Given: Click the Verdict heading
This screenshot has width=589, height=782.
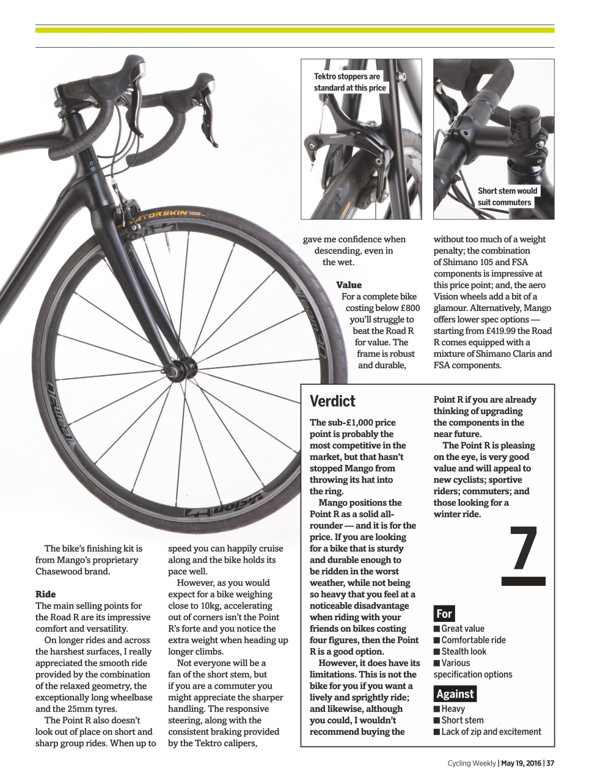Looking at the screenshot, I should (332, 401).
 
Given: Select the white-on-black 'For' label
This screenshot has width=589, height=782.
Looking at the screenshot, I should (444, 613).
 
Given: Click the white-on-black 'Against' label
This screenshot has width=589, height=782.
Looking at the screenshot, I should (455, 694).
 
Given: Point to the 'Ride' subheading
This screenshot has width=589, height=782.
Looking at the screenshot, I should (46, 594).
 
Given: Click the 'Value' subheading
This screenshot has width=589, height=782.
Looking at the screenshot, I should (349, 285).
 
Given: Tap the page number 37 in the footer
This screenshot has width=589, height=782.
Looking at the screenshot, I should (550, 762).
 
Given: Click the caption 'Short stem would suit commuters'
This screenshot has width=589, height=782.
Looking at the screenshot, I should (507, 197).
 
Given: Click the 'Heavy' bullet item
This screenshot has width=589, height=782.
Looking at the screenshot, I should (453, 709).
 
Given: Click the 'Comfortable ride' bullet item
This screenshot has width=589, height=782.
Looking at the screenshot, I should (474, 640).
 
